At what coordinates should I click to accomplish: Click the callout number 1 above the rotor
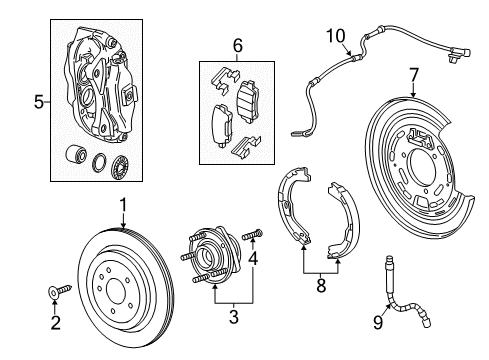pos(123,206)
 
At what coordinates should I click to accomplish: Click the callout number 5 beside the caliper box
pos(39,100)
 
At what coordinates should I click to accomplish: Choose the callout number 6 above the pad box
pos(237,45)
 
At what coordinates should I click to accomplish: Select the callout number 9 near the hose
pos(379,322)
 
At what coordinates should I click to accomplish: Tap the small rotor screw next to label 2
pos(60,290)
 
